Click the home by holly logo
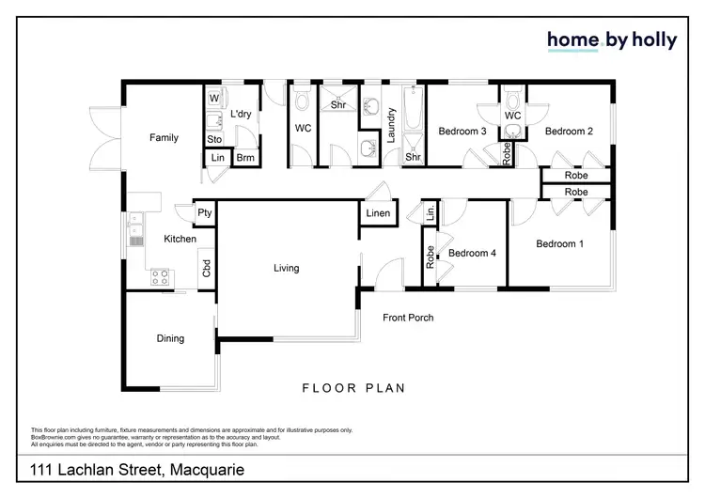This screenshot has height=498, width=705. [x=612, y=40]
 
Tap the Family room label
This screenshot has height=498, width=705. [x=164, y=138]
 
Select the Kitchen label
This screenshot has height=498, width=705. [x=180, y=240]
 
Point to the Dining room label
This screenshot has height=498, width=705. [x=170, y=338]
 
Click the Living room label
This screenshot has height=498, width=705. [x=286, y=268]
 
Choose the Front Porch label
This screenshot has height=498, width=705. [x=408, y=318]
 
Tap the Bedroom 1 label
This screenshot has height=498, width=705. [x=560, y=244]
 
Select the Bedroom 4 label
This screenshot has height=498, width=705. [x=473, y=253]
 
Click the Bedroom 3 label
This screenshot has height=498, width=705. [x=462, y=132]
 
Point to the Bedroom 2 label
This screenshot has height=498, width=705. [x=569, y=132]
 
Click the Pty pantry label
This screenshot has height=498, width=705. [x=204, y=213]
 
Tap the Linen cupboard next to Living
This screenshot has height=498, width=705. [x=378, y=214]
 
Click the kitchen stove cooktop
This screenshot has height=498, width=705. [x=160, y=277]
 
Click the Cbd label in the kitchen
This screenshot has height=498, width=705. [x=206, y=268]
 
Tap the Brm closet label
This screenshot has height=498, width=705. [x=245, y=159]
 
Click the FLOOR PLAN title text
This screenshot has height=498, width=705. [x=352, y=387]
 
